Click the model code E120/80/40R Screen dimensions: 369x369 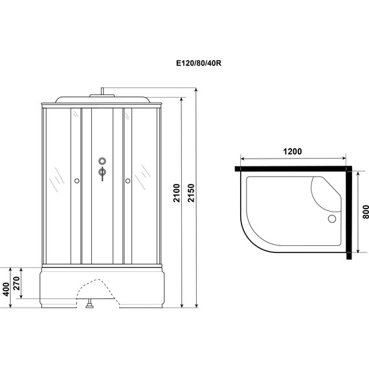click(x=199, y=63)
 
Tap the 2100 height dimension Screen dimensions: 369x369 click(x=176, y=193)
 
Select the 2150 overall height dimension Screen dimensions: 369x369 click(x=191, y=193)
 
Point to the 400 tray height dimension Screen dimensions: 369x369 click(x=6, y=289)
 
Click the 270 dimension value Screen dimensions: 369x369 click(x=16, y=284)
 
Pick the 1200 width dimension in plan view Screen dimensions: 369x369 click(x=292, y=151)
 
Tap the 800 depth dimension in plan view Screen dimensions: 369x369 click(x=366, y=212)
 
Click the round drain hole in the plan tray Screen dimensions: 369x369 click(x=332, y=219)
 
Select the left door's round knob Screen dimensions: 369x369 click(x=77, y=181)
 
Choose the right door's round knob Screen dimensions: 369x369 click(x=128, y=181)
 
